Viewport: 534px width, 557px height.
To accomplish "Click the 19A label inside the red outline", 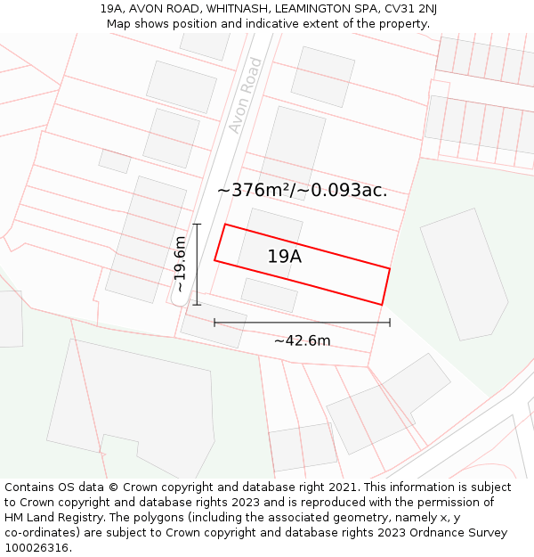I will tap(284, 257).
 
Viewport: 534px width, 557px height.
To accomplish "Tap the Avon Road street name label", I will tap(246, 95).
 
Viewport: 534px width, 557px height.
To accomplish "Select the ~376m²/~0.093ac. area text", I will tap(302, 190).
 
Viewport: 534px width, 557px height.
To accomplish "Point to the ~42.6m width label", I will tap(302, 340).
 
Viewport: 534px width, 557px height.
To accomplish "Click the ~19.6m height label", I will tap(180, 265).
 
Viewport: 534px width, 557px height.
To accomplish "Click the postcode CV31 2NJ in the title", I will tap(410, 9).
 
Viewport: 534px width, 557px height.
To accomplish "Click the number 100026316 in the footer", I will tap(37, 548).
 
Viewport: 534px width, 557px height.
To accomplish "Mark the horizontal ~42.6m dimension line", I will tap(302, 323).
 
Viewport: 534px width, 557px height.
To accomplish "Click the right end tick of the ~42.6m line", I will tap(390, 323).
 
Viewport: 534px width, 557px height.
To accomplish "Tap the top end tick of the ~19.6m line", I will tap(197, 225).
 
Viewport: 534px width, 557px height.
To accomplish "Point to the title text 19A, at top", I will tap(112, 9).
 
